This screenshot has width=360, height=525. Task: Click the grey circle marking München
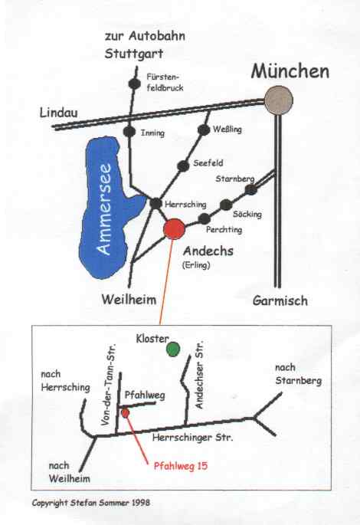tap(278, 100)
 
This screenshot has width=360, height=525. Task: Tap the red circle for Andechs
tap(174, 229)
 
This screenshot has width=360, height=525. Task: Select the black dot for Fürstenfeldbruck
tap(134, 84)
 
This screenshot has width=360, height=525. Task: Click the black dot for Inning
tap(129, 131)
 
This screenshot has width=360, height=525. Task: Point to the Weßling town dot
tap(204, 130)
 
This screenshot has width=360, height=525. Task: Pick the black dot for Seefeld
tap(183, 166)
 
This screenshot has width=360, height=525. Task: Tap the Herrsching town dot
tap(155, 203)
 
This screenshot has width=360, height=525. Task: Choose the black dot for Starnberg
tap(251, 189)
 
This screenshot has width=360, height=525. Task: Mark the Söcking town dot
tap(226, 205)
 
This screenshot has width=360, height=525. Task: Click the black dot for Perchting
tap(204, 218)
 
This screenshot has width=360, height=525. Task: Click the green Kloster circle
tap(173, 349)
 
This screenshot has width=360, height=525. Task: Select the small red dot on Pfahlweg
tap(125, 413)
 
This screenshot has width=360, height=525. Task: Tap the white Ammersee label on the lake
tap(104, 208)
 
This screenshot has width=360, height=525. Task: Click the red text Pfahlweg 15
tap(181, 465)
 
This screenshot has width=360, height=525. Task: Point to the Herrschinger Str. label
tap(192, 438)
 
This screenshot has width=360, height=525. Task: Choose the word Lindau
tap(58, 113)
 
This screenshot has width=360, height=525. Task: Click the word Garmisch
tap(280, 300)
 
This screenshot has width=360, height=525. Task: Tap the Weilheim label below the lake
tap(129, 299)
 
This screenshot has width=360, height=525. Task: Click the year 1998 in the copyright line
tap(141, 503)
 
